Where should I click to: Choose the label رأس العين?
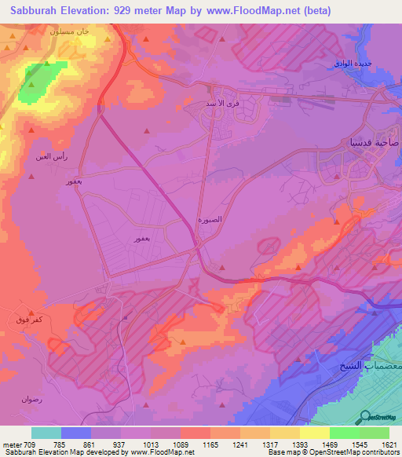pyautogui.click(x=51, y=156)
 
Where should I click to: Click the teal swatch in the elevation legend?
pyautogui.click(x=46, y=433)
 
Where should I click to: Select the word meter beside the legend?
pyautogui.click(x=10, y=444)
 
